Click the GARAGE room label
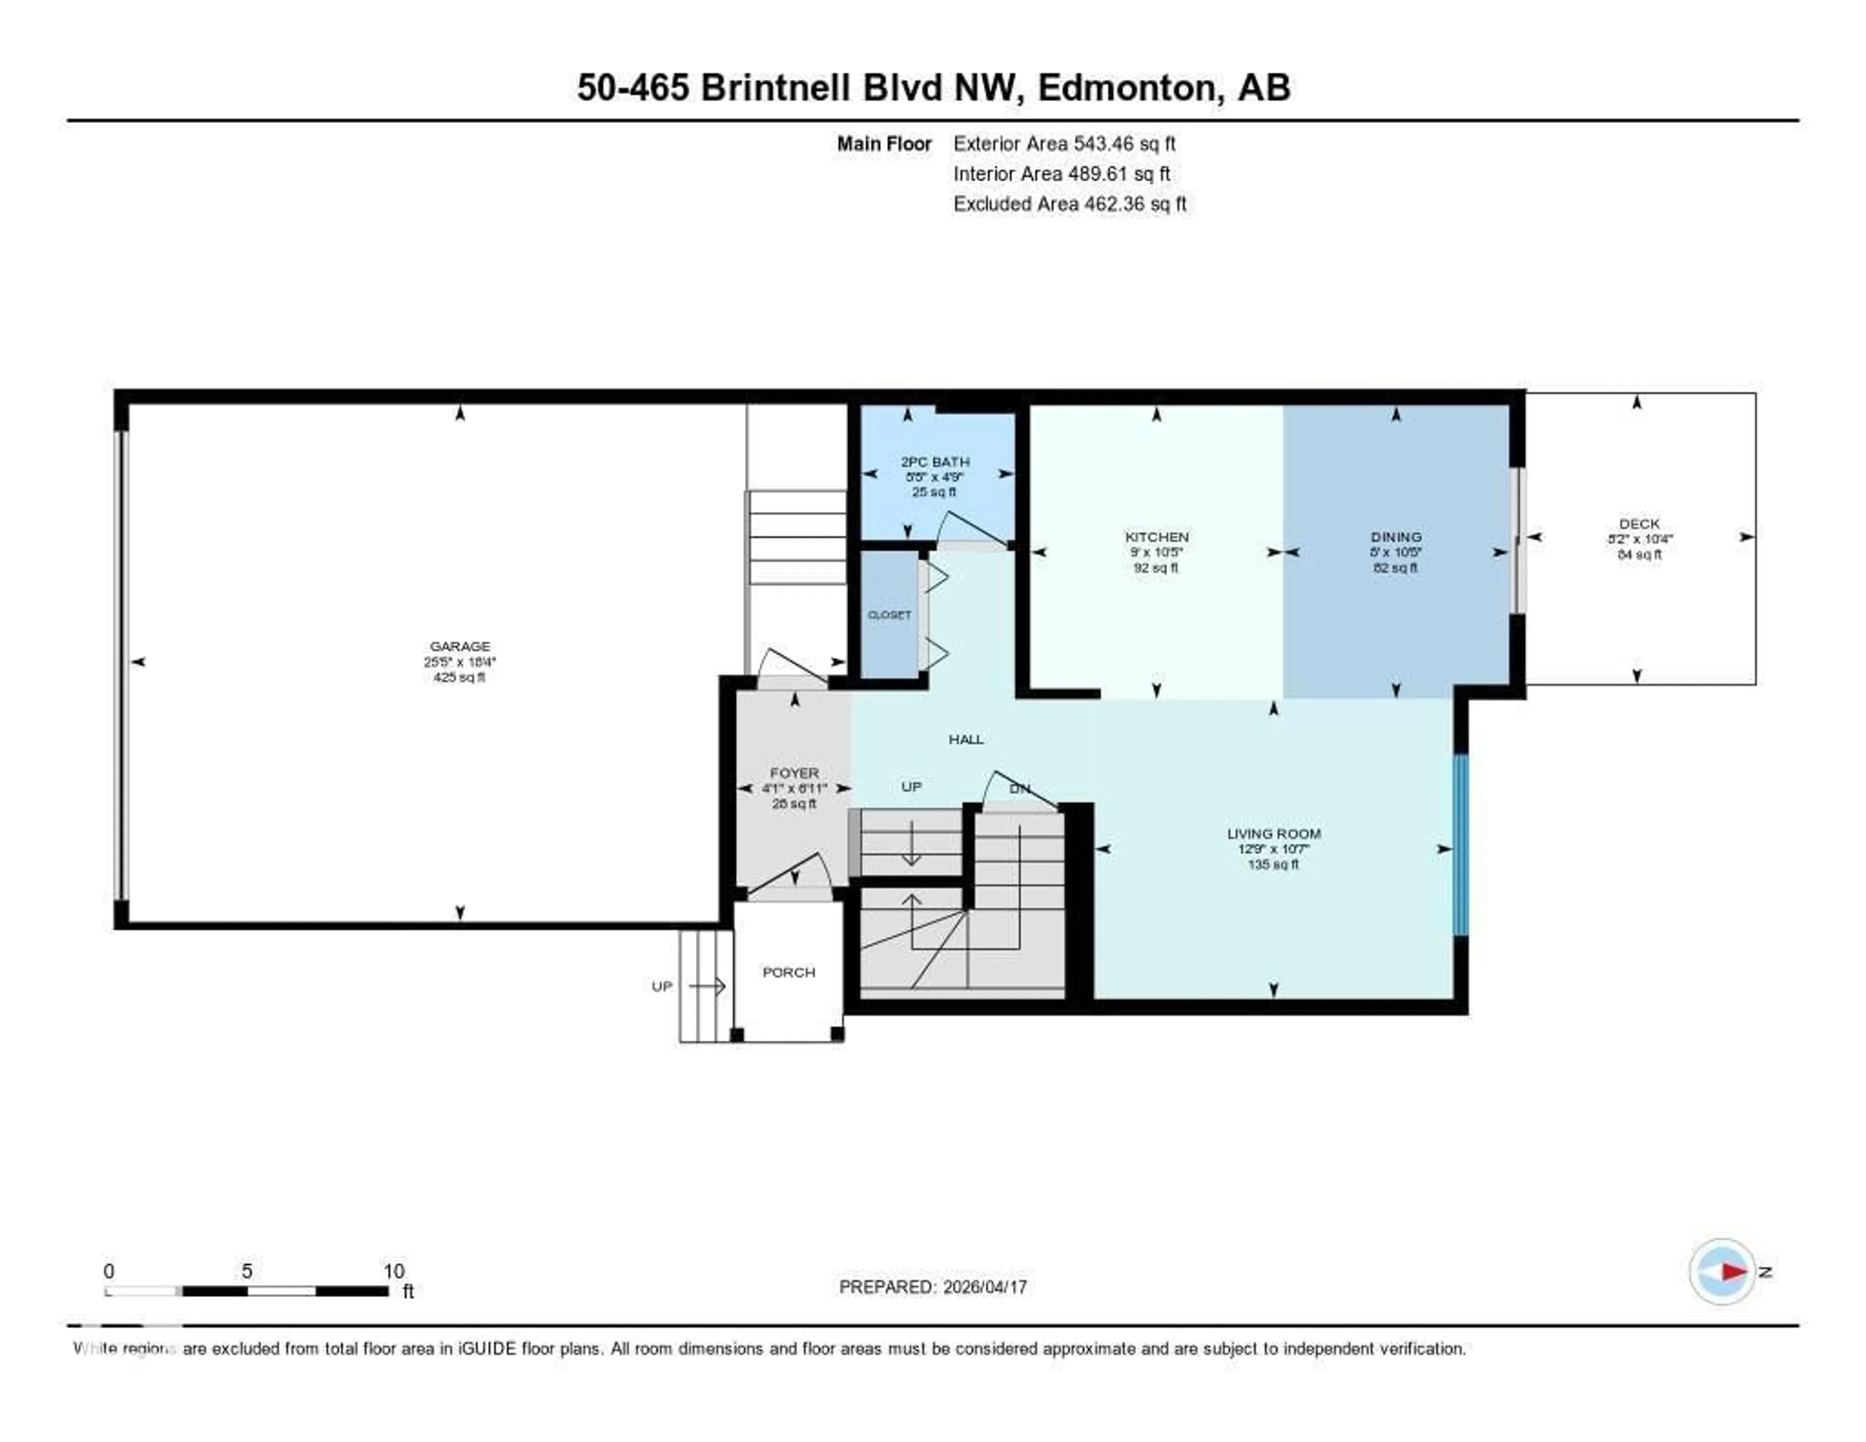click(x=460, y=646)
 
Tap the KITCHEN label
click(x=1156, y=537)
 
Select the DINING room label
click(x=1395, y=537)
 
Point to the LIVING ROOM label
click(x=1273, y=833)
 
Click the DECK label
click(x=1639, y=524)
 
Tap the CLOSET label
click(x=889, y=615)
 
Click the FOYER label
click(x=794, y=773)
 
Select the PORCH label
click(x=788, y=972)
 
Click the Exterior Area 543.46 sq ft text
click(x=1064, y=143)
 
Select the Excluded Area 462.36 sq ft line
click(x=1069, y=203)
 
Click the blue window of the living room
click(x=1460, y=844)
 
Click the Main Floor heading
click(x=883, y=143)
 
